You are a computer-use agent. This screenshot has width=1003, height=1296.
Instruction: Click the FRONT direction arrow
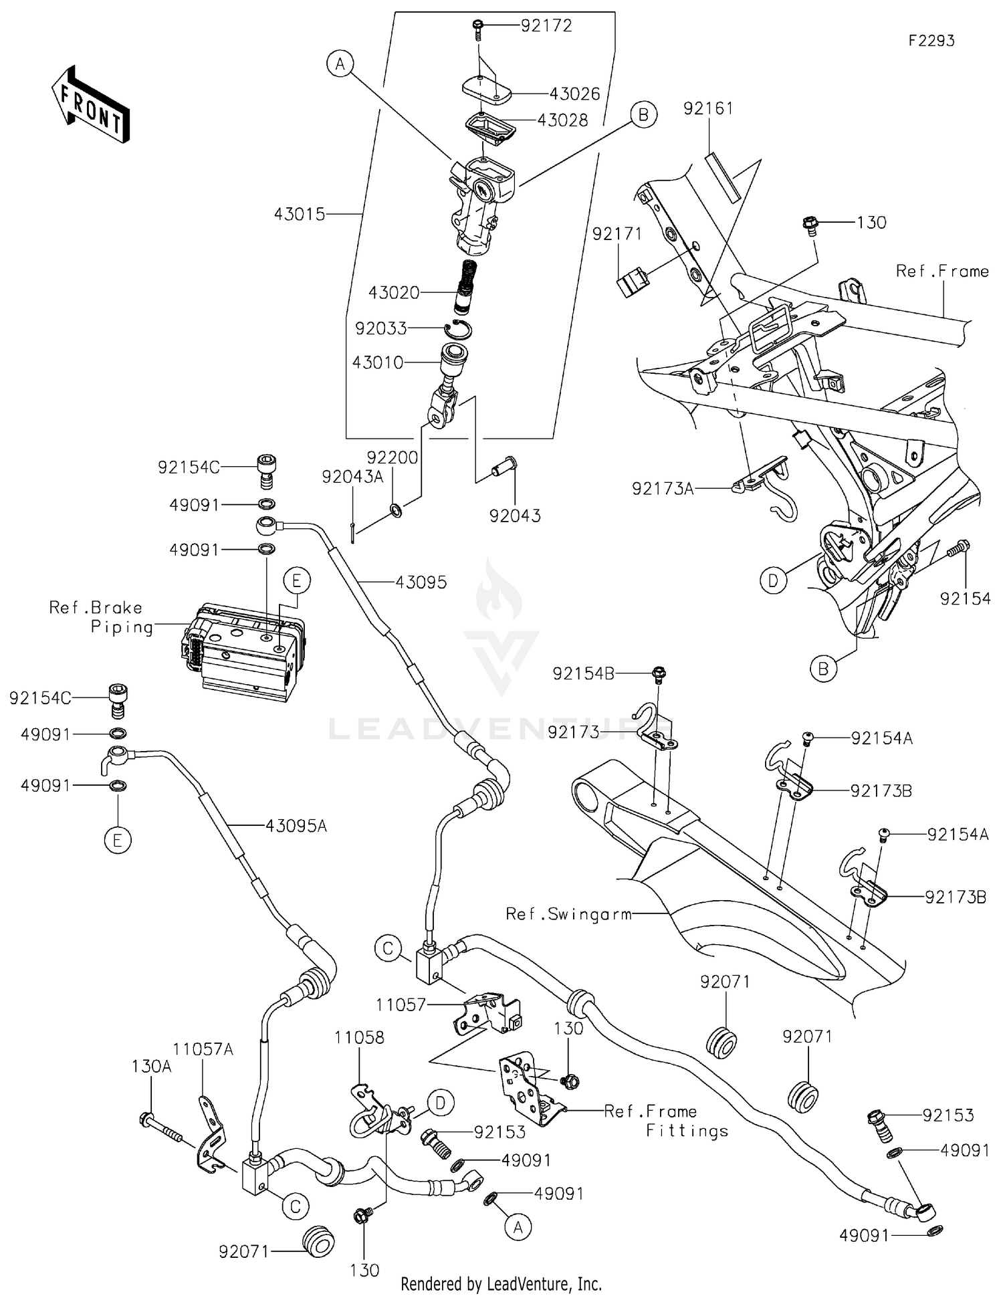pos(90,106)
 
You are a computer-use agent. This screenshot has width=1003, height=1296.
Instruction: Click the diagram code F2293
pos(931,41)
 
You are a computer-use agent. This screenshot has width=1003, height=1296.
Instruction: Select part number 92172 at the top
pos(547,25)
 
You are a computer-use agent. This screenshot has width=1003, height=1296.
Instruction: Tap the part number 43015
pos(300,214)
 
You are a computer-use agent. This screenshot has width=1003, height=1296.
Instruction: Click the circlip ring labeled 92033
pos(458,328)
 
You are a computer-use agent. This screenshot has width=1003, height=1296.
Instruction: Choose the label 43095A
pos(296,826)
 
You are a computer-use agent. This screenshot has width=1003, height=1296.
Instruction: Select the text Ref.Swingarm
pos(568,913)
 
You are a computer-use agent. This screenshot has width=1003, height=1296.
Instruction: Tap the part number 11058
pos(360,1037)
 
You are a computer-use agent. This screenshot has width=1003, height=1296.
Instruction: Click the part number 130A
pos(152,1066)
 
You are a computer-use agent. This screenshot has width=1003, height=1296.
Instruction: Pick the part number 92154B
pos(583,673)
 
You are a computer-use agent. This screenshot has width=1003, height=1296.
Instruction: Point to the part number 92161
pos(708,108)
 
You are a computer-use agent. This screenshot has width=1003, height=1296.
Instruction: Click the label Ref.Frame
pos(942,271)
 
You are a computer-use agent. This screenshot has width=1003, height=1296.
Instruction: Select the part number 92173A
pos(663,489)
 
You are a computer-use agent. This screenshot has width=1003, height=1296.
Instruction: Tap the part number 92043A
pos(352,477)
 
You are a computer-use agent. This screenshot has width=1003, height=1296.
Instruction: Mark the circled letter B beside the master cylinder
pos(643,115)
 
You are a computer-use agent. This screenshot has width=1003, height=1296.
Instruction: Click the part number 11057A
pos(203,1049)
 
